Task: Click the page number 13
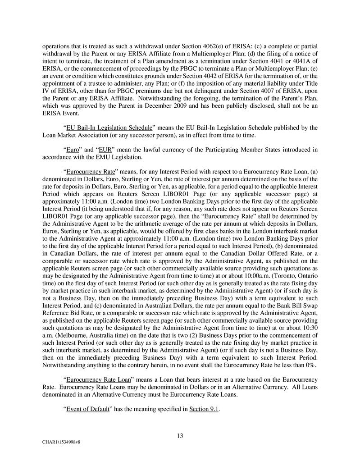coord(180,435)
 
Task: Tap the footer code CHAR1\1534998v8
coord(58,443)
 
